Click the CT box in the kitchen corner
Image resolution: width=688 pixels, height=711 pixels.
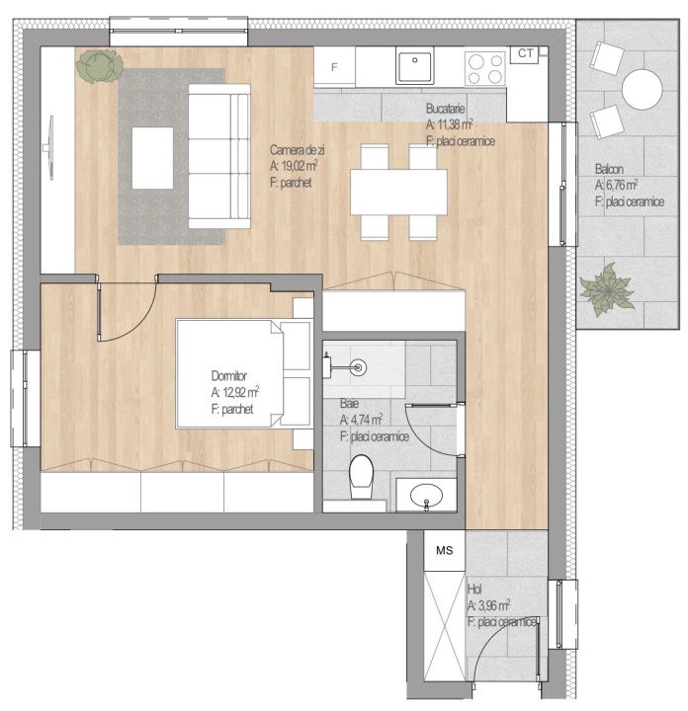click(x=525, y=54)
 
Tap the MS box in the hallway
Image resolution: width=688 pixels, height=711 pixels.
click(x=444, y=550)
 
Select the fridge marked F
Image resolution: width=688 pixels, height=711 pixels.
click(x=334, y=67)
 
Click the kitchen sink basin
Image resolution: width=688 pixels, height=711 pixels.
click(x=414, y=66)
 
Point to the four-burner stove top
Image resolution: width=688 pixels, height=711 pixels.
click(x=485, y=68)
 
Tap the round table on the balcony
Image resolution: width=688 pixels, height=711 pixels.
click(x=643, y=89)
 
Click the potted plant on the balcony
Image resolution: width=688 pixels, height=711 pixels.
click(x=607, y=289)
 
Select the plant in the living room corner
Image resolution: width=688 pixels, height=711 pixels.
click(x=100, y=66)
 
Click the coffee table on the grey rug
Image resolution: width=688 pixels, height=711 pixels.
click(x=152, y=158)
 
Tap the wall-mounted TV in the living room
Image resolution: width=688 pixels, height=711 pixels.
click(x=49, y=148)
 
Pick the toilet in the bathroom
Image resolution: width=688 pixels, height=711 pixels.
click(x=361, y=477)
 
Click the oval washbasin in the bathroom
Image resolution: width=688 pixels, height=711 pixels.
click(x=426, y=496)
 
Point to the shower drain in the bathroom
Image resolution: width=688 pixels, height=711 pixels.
click(x=360, y=367)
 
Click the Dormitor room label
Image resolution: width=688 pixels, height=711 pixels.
click(x=228, y=376)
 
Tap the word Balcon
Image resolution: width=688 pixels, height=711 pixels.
click(x=609, y=169)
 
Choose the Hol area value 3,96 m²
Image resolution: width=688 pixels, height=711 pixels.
click(x=494, y=605)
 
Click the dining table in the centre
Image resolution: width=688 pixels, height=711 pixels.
click(x=398, y=193)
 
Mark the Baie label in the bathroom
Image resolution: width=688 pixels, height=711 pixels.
click(x=349, y=403)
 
